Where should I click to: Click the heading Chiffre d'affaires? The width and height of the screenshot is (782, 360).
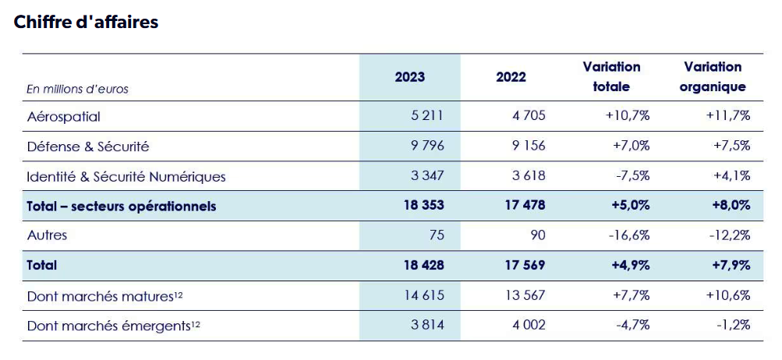pyautogui.click(x=86, y=22)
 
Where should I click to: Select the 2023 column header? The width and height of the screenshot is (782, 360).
pyautogui.click(x=410, y=77)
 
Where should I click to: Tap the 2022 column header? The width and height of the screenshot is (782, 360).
pyautogui.click(x=511, y=77)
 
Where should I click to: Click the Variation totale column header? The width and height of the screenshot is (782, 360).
pyautogui.click(x=611, y=77)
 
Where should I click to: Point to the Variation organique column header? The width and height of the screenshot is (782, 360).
pyautogui.click(x=713, y=77)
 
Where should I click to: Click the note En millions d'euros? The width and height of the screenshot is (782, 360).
pyautogui.click(x=77, y=90)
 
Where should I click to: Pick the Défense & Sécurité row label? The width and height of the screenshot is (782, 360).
pyautogui.click(x=88, y=146)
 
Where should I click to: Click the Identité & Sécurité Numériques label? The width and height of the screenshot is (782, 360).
pyautogui.click(x=126, y=177)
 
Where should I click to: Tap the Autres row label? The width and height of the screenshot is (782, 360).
pyautogui.click(x=47, y=235)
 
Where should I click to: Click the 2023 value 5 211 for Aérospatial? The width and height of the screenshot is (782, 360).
pyautogui.click(x=426, y=117)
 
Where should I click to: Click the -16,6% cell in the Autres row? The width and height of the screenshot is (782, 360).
pyautogui.click(x=628, y=235)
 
